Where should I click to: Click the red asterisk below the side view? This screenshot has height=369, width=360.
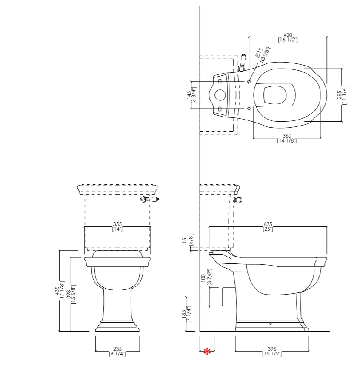207,352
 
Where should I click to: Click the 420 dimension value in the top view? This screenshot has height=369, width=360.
288,35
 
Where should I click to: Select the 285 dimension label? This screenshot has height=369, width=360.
340,95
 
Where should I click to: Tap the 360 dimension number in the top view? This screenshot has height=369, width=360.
287,136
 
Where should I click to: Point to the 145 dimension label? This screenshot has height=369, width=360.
189,95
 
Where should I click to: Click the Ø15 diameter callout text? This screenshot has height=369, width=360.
259,53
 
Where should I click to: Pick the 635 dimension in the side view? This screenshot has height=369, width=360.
268,224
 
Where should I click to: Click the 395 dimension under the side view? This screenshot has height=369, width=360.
272,349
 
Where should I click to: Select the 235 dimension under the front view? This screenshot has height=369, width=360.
117,349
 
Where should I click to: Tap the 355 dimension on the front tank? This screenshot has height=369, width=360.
117,224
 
